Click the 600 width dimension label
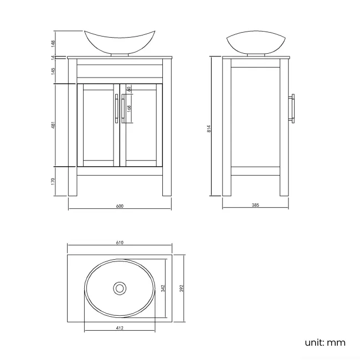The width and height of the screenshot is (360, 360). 120,205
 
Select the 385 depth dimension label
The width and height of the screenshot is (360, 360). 255,205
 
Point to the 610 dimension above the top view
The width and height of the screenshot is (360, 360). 120,243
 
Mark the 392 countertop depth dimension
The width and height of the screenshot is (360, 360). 181,289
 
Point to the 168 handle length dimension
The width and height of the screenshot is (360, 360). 128,109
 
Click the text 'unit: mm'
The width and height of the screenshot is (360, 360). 325,342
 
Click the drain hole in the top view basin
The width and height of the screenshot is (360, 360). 119,288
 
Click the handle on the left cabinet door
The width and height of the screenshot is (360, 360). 116,108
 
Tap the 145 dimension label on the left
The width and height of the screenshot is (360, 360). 53,71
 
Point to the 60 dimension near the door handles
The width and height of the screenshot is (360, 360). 128,89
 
